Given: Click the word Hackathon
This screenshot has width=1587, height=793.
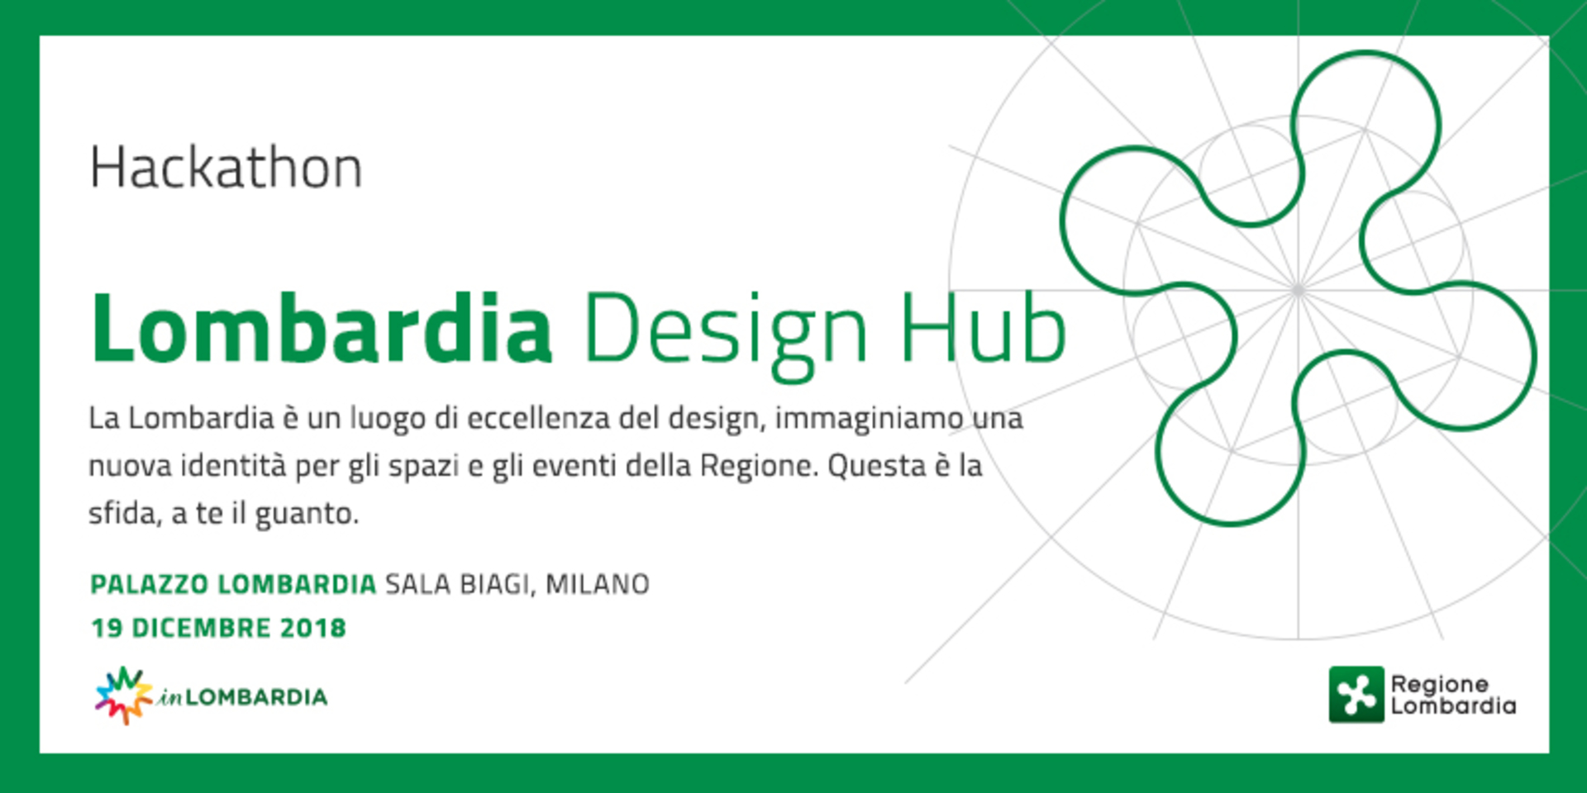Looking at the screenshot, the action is click(226, 168).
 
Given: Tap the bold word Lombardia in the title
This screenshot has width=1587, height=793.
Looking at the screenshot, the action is click(322, 328).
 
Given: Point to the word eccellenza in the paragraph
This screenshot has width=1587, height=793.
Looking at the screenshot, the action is click(539, 418).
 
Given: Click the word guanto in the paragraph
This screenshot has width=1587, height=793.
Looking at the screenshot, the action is click(307, 515).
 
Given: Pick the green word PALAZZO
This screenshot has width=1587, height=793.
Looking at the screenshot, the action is click(149, 585).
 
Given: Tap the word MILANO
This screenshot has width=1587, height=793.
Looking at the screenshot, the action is click(598, 585).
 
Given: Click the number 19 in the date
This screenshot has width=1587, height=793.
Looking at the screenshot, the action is click(107, 628).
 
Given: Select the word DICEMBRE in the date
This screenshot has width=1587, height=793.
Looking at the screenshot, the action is click(202, 628).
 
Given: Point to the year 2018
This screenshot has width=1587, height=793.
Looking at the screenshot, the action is click(313, 628).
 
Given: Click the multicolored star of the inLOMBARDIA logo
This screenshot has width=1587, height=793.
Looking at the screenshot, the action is click(124, 696).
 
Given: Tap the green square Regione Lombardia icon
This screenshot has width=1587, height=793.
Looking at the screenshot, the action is click(1356, 695).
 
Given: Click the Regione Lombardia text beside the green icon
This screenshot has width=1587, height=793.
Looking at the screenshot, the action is click(1453, 695).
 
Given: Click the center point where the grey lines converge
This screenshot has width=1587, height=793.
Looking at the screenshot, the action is click(1298, 290).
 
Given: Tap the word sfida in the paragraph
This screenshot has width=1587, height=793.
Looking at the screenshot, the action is click(124, 514).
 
